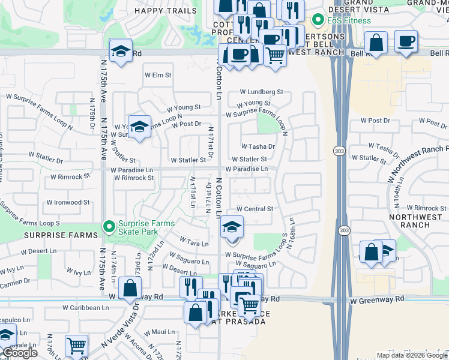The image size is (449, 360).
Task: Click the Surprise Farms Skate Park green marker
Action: point(109,227)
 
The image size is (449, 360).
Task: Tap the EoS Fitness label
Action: point(349,20)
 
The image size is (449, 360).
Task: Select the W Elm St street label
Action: point(158,76)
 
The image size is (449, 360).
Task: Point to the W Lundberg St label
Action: point(261,92)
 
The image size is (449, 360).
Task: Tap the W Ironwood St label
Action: point(68,203)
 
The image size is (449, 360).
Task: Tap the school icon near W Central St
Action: point(231,227)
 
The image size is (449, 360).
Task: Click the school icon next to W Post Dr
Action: point(139,127)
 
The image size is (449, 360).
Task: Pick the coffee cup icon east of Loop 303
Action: point(406,41)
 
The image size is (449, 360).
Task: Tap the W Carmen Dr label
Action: point(15,281)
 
